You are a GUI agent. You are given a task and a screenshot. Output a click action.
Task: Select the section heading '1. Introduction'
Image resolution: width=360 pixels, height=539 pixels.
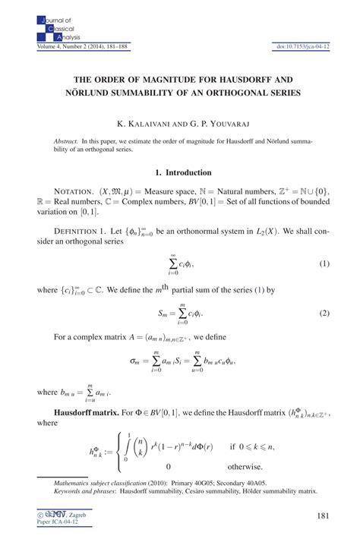(179, 173)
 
